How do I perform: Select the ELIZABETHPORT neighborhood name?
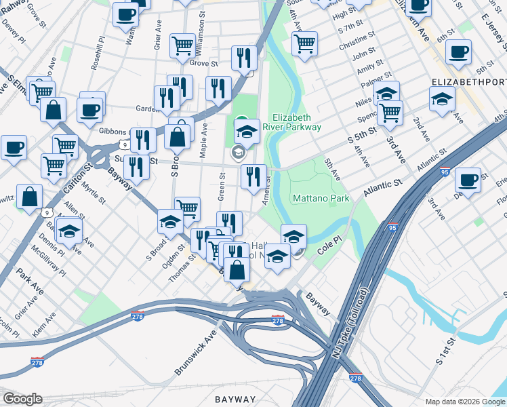point(468,81)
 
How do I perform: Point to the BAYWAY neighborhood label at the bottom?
point(235,399)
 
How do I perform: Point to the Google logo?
point(22,399)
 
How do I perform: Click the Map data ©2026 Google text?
point(465,401)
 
